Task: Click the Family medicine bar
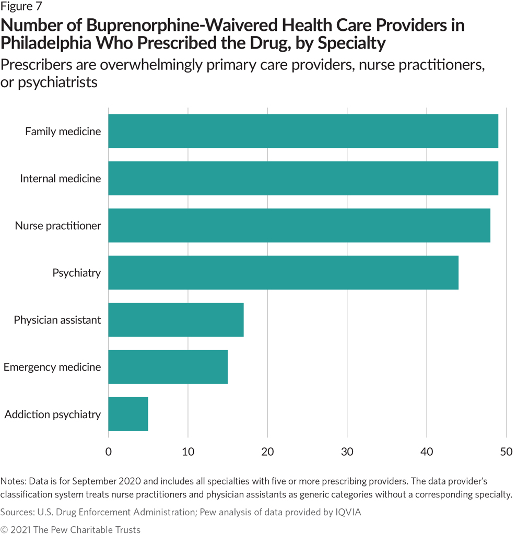[303, 131]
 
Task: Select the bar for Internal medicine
[303, 179]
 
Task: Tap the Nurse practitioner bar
[299, 226]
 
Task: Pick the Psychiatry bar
[283, 272]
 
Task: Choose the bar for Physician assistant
[176, 319]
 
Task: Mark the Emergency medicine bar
[168, 367]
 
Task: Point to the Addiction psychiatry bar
[128, 414]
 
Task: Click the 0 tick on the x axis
[109, 451]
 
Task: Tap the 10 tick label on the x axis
[188, 451]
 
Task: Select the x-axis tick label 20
[267, 451]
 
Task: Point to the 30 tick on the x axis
[347, 451]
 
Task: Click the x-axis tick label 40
[427, 451]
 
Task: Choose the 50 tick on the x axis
[506, 451]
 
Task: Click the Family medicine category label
[63, 132]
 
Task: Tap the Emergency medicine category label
[52, 367]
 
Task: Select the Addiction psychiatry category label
[52, 414]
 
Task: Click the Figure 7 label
[21, 7]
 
